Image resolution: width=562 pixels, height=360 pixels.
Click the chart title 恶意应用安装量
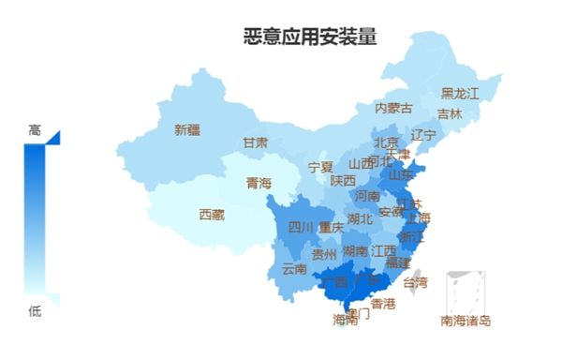pos(310,37)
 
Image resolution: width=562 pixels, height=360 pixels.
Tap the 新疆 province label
pos(187,130)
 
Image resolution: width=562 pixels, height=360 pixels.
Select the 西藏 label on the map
pos(212,215)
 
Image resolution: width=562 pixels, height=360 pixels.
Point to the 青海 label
pos(259,183)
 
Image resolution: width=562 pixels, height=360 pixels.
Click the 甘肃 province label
pos(256,142)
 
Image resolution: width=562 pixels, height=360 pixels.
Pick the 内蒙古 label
pos(393,108)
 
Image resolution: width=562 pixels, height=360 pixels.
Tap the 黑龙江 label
pos(460,94)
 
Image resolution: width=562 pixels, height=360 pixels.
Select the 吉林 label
pos(450,114)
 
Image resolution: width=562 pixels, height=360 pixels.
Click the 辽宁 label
pos(423,135)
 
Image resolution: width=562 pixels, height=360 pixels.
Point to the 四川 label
pos(301,227)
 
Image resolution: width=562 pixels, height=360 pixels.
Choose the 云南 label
pos(294,268)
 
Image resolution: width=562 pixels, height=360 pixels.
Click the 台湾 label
pos(415,281)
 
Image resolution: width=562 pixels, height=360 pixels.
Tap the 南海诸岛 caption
pos(466,321)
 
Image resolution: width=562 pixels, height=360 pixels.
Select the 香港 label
pos(383,304)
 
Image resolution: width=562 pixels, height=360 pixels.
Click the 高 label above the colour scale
pos(35,131)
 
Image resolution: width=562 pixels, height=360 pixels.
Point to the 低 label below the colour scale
pos(35,311)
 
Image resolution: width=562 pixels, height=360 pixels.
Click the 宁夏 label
pos(320,167)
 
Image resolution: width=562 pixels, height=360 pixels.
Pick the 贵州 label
pos(324,253)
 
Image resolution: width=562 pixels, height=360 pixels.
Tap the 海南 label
pos(345,320)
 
